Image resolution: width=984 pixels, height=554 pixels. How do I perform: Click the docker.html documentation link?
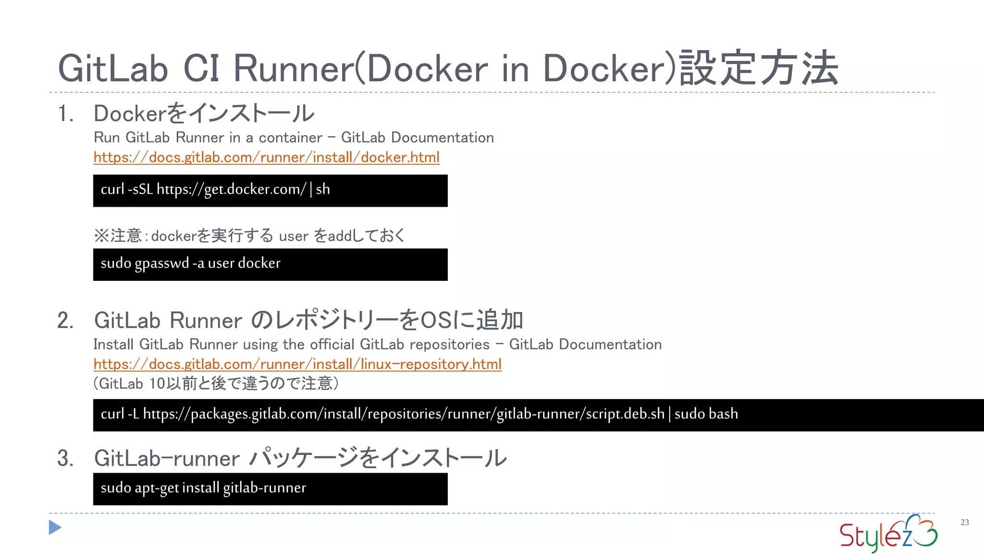point(266,157)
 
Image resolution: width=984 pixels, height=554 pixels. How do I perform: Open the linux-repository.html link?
point(297,364)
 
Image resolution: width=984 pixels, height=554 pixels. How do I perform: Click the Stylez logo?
point(888,533)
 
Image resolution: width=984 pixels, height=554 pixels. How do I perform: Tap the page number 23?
point(964,522)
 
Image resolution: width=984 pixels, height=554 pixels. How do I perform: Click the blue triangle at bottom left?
point(55,528)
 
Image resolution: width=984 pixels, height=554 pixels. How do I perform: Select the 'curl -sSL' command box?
point(270,190)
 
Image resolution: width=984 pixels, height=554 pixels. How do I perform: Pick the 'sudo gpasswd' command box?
point(270,264)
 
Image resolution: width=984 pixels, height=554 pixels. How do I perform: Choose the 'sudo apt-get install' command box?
point(270,489)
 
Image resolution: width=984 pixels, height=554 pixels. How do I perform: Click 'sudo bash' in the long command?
point(706,414)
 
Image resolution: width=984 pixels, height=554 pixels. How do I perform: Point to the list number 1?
point(65,114)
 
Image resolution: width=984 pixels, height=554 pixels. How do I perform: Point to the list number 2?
point(65,321)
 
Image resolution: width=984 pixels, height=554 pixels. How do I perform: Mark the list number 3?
point(65,458)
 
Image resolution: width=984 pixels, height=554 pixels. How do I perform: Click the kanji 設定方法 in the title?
point(759,68)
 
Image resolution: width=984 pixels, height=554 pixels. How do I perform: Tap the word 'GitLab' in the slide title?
point(113,68)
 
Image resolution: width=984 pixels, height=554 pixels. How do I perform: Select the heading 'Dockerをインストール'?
point(204,113)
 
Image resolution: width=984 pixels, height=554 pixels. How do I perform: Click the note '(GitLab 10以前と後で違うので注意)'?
point(216,383)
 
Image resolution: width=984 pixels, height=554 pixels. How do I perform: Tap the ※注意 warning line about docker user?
point(249,236)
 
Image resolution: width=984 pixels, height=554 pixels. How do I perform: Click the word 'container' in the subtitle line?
point(290,138)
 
